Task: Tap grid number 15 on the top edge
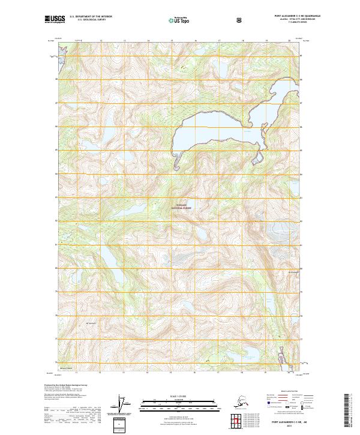[172, 41]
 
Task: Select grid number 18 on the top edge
[242, 41]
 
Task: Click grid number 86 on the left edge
[57, 127]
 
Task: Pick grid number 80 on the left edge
[57, 268]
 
